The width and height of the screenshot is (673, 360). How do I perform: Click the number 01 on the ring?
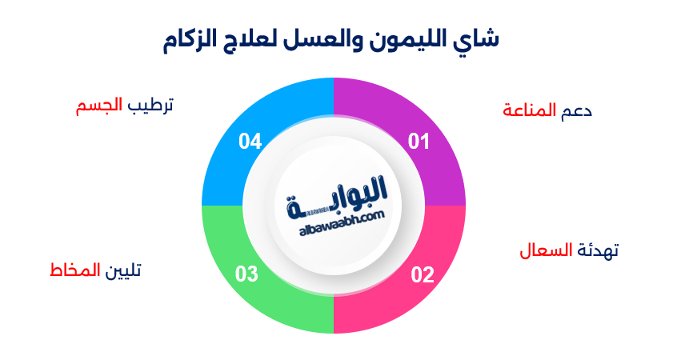coord(419,142)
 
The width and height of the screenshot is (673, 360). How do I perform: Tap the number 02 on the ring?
coord(423,275)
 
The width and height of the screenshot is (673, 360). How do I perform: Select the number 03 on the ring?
coord(246,275)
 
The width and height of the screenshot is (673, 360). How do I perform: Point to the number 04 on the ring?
coord(250,142)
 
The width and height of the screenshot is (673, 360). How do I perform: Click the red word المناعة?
coord(529,110)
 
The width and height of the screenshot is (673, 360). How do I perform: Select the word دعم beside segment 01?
coord(577,110)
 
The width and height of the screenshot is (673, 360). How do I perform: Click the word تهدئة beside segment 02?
coord(597,250)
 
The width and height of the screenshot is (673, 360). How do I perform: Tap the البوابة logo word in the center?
coord(336,196)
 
